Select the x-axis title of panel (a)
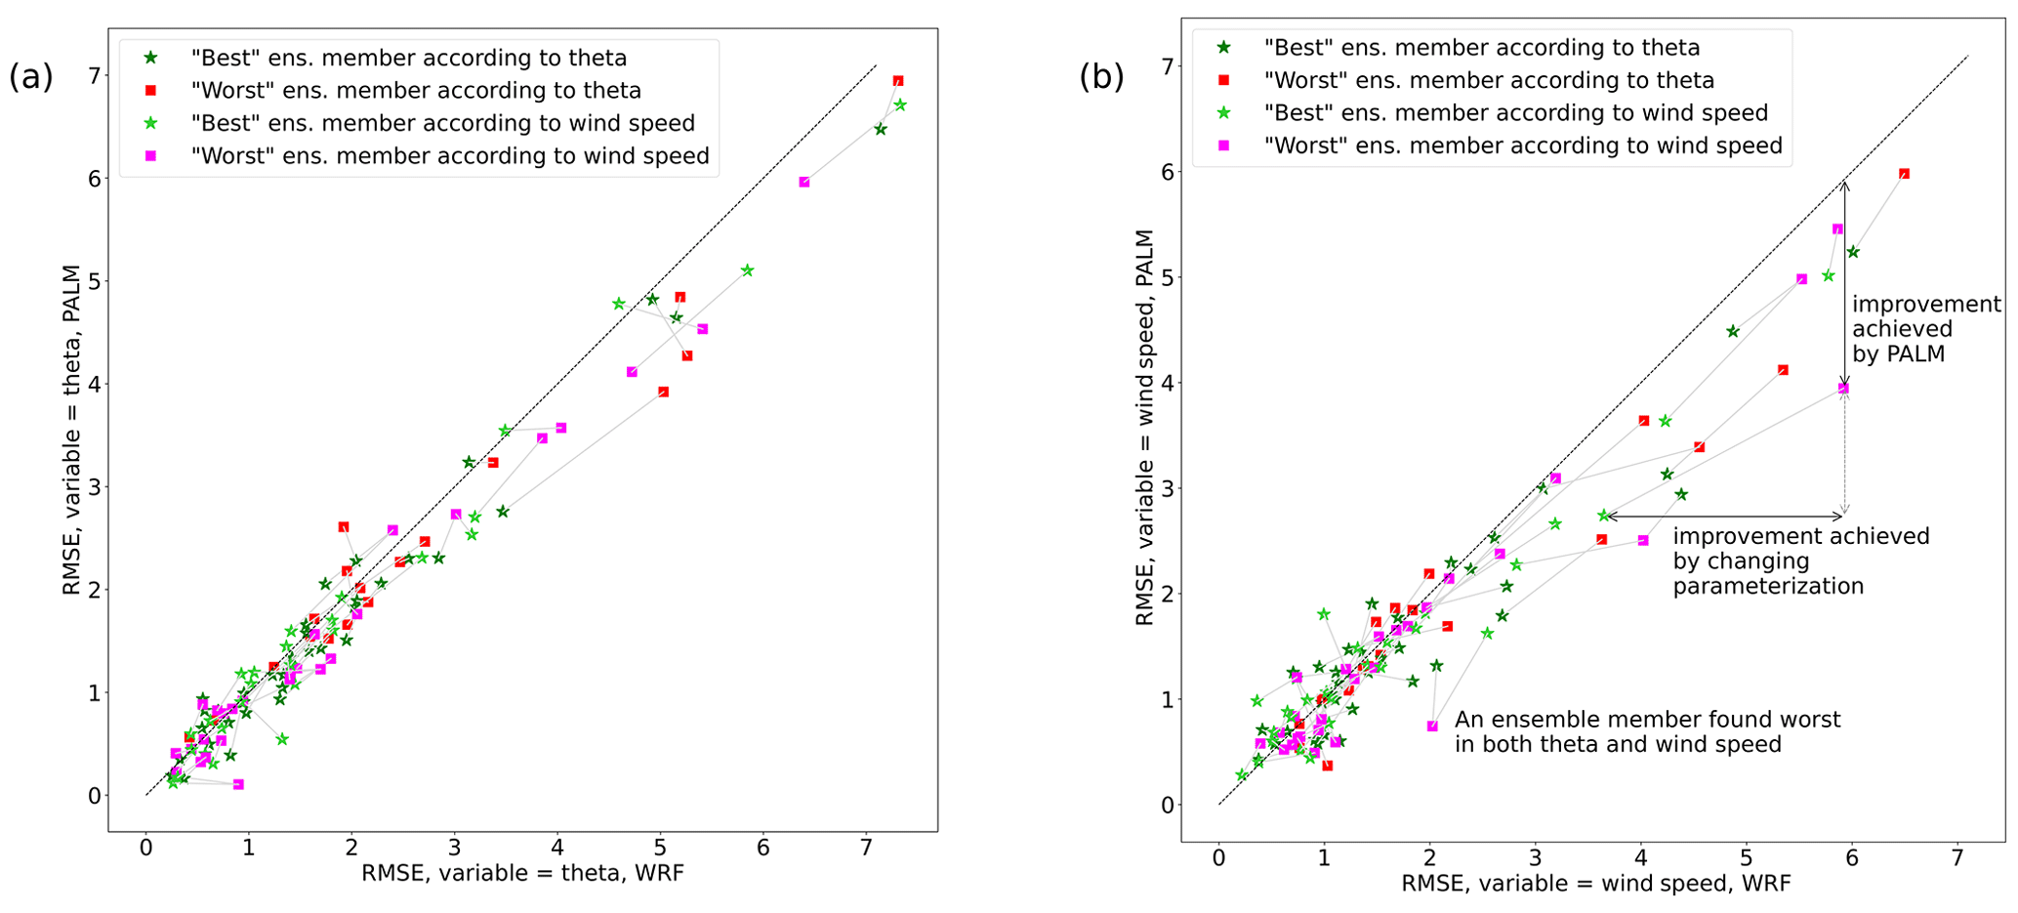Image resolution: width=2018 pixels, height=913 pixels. (x=522, y=873)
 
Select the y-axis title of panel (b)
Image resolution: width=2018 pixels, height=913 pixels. (x=1144, y=428)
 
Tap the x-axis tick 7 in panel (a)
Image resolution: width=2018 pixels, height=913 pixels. (x=866, y=849)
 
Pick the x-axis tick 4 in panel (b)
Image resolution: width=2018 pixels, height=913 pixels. (x=1641, y=858)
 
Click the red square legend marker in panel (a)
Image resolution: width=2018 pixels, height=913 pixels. (x=150, y=91)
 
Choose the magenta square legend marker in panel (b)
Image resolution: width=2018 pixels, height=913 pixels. (x=1223, y=145)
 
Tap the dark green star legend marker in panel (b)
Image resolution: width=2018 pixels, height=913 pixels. (x=1223, y=47)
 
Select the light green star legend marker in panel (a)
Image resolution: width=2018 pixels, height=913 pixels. (x=150, y=123)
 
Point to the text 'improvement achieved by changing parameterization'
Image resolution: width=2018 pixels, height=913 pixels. (x=1800, y=561)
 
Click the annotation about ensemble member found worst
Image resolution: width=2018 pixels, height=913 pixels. (x=1647, y=732)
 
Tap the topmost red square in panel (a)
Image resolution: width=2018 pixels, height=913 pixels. (x=898, y=81)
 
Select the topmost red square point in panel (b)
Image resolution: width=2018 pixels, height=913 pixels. (x=1904, y=174)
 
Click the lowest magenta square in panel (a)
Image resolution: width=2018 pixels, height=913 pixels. (x=238, y=784)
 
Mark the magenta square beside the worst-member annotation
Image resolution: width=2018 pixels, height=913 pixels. (x=1432, y=726)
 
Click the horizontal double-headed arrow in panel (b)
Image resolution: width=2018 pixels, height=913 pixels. (x=1723, y=516)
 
